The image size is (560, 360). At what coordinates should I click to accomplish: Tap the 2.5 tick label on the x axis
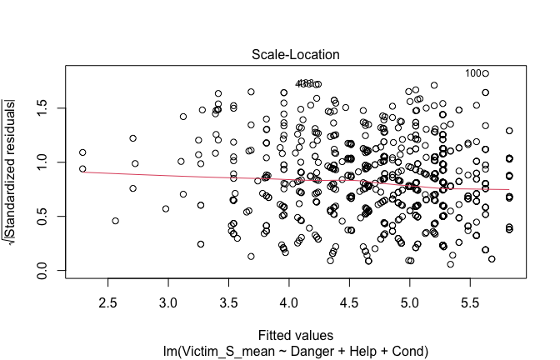pyautogui.click(x=107, y=297)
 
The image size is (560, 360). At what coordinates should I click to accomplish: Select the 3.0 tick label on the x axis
pyautogui.click(x=168, y=297)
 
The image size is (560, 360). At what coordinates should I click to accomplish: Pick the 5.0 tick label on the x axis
pyautogui.click(x=410, y=297)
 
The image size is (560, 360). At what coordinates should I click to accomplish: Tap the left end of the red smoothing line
pyautogui.click(x=82, y=172)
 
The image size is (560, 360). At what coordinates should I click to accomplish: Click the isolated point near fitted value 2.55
pyautogui.click(x=115, y=221)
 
